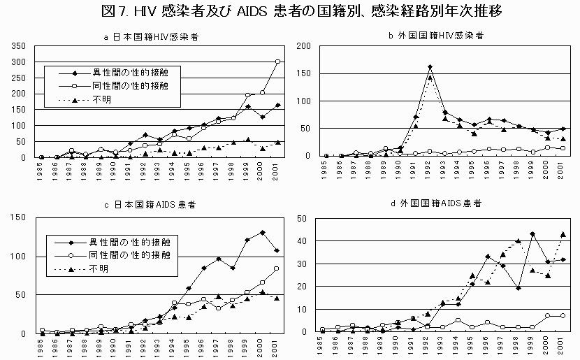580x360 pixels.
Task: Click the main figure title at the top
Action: click(290, 11)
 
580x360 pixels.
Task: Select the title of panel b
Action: click(437, 35)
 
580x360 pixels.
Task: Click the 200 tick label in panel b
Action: click(304, 46)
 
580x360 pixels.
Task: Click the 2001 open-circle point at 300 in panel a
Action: click(278, 62)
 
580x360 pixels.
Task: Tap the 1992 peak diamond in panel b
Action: click(430, 67)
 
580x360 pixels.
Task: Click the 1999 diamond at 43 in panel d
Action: click(532, 233)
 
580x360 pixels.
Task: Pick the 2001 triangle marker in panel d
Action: click(563, 234)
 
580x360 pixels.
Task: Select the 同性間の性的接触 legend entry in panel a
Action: click(129, 86)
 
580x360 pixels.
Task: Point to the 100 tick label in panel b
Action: click(304, 101)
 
